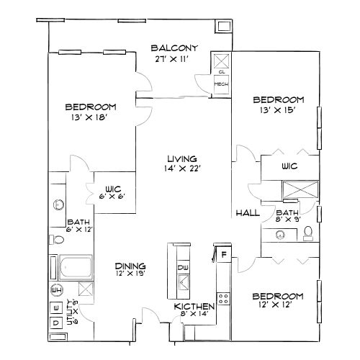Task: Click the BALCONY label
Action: (170, 48)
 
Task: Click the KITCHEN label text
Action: (193, 307)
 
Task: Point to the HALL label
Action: (248, 214)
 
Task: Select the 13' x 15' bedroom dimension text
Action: (277, 110)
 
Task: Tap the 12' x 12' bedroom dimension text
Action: (277, 306)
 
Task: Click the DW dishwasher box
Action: (183, 268)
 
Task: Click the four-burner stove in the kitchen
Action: (224, 296)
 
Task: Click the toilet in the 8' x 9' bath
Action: (308, 233)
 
